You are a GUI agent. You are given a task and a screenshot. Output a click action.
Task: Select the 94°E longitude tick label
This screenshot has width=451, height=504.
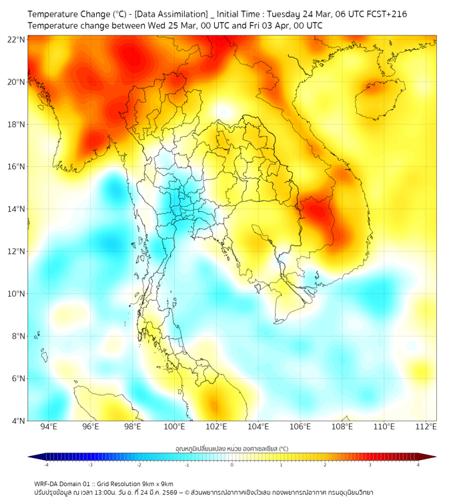[x=49, y=427]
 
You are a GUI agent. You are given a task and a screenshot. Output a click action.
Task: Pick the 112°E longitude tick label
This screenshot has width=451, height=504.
[x=426, y=427]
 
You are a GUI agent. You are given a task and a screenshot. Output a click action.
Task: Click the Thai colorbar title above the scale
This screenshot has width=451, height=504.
[x=232, y=449]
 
